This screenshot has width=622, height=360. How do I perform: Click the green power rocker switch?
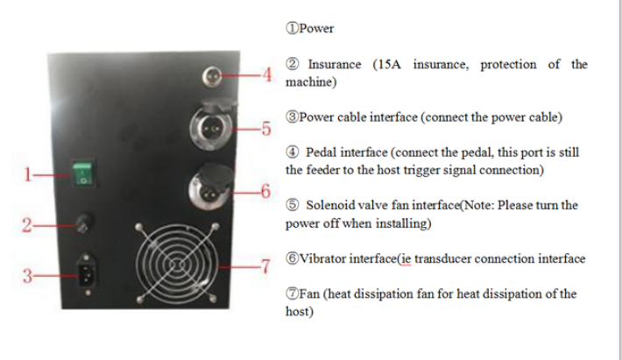[x=83, y=173]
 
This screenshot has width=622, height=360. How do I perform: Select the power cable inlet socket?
[x=88, y=270]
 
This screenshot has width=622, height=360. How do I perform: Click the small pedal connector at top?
[x=212, y=76]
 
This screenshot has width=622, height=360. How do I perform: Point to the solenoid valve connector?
[x=211, y=128]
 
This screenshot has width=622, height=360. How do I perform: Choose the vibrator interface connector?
[x=211, y=188]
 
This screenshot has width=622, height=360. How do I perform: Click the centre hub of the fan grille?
[x=176, y=264]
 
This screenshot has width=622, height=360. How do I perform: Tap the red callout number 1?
[x=27, y=174]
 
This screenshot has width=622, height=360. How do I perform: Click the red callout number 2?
[x=26, y=225]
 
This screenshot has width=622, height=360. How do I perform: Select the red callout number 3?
[x=27, y=276]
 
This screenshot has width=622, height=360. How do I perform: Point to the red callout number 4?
[x=267, y=74]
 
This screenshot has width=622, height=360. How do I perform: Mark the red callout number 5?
[x=266, y=129]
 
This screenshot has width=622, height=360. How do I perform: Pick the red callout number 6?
[x=265, y=192]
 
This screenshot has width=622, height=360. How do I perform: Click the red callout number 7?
[x=265, y=266]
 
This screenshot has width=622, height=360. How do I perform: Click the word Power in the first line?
[x=316, y=29]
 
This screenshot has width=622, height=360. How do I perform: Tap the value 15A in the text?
[x=389, y=64]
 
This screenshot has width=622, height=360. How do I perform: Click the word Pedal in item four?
[x=321, y=152]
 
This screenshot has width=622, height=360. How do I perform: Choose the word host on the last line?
[x=298, y=311]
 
